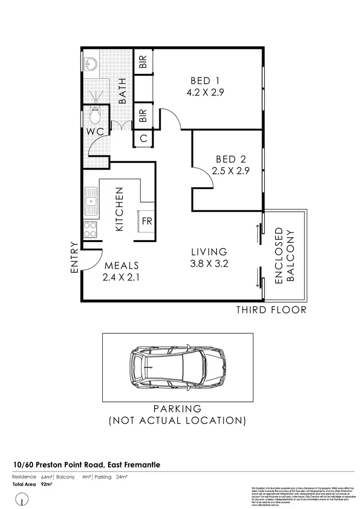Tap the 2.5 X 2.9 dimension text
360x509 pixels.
click(230, 170)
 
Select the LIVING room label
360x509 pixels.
click(209, 252)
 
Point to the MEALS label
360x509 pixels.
click(122, 266)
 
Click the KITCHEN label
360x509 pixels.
click(120, 209)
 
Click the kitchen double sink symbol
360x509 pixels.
click(90, 200)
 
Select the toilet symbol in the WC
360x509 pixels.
click(95, 116)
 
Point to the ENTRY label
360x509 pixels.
click(74, 258)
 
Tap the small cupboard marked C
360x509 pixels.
click(143, 138)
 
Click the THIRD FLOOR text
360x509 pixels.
click(271, 310)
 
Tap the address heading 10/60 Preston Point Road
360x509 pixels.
click(86, 464)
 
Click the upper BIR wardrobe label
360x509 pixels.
click(143, 62)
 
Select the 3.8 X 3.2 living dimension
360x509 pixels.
click(209, 263)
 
